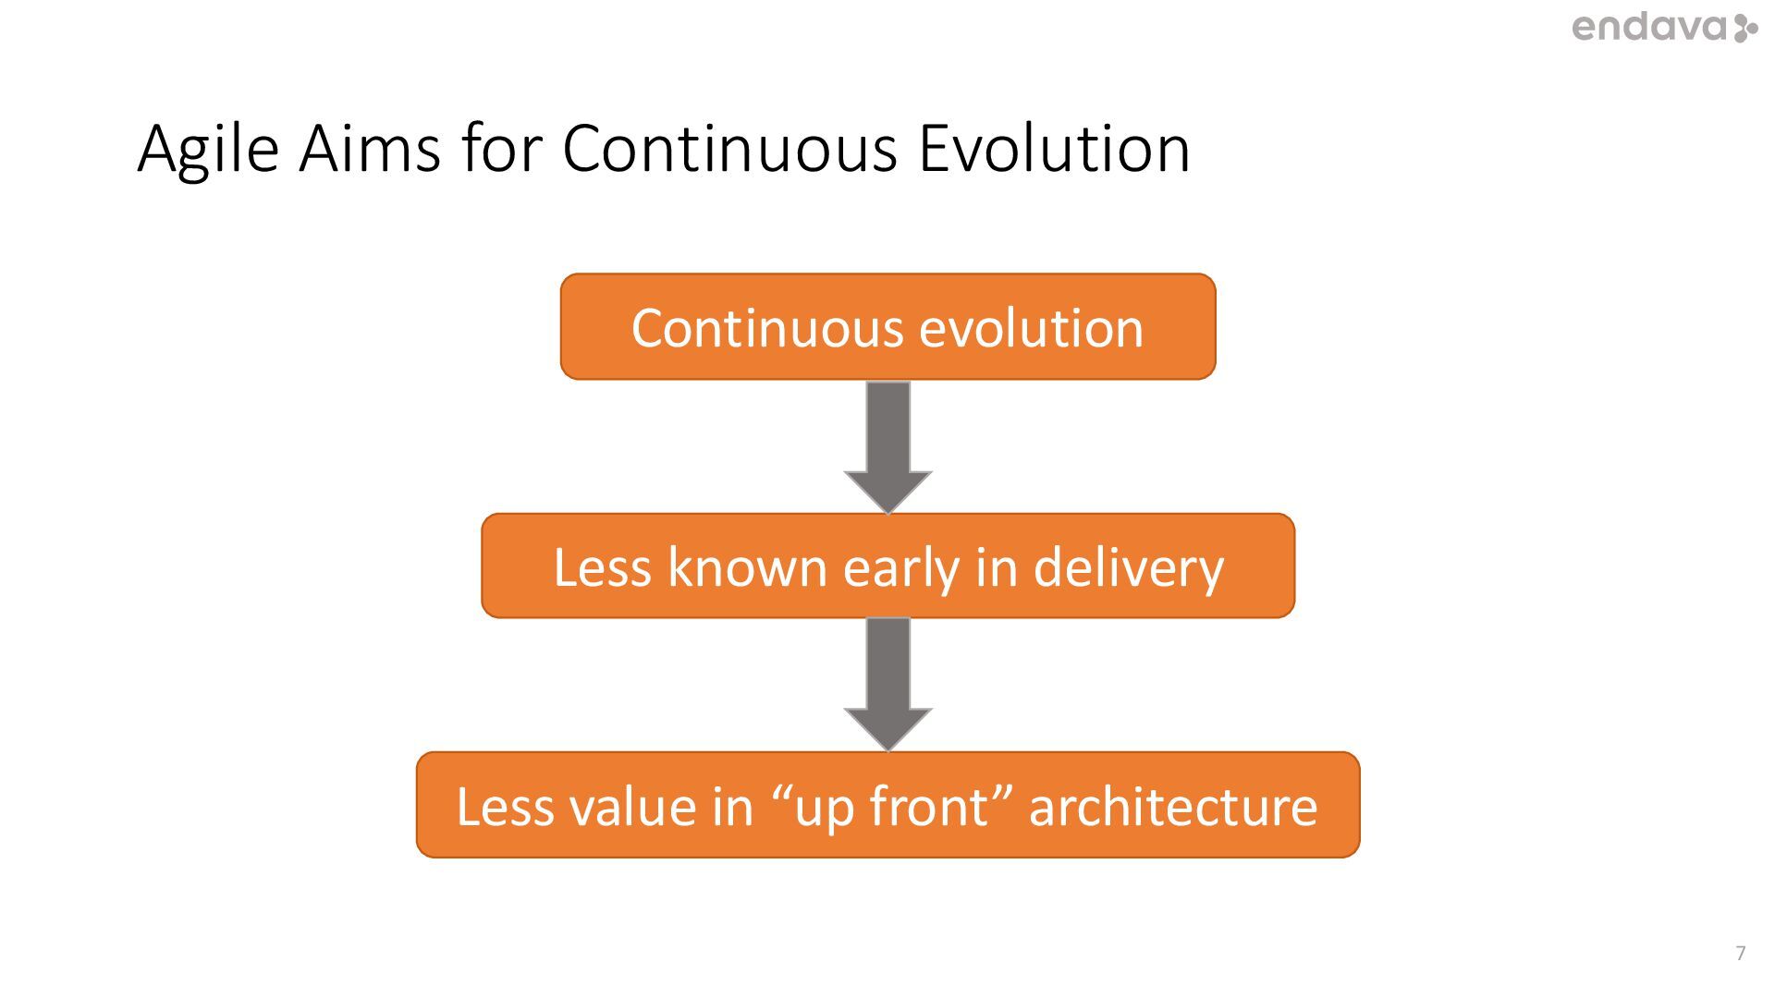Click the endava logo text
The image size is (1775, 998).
1649,28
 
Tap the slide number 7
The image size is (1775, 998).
1741,953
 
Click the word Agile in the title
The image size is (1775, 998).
208,149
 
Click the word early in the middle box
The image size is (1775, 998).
900,568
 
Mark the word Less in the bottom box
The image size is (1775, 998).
505,806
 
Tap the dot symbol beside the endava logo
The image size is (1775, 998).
1745,28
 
